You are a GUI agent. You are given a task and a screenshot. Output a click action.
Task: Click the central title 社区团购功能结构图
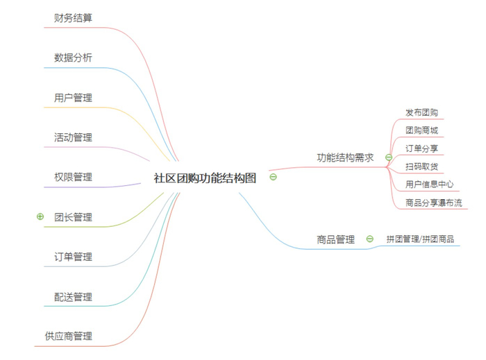(205, 178)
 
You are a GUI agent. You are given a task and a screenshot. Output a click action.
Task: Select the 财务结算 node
(73, 18)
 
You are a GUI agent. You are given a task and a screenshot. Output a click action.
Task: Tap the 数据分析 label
(73, 58)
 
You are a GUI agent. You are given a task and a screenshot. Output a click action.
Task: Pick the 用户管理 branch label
(73, 98)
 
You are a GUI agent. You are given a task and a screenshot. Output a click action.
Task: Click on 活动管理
(73, 137)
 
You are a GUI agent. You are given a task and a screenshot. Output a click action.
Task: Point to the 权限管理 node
(73, 177)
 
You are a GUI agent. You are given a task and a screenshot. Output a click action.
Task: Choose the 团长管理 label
(73, 217)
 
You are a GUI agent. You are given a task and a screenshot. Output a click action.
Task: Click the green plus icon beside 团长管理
(40, 216)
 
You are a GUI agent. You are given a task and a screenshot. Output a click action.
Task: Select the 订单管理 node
(73, 257)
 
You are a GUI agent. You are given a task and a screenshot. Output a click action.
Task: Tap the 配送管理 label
(73, 297)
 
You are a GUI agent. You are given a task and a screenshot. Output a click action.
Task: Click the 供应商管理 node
(69, 336)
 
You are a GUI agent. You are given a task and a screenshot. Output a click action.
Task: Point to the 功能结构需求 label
(345, 157)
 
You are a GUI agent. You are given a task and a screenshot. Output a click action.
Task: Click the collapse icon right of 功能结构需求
(389, 157)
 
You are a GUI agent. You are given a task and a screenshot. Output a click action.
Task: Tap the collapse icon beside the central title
(273, 177)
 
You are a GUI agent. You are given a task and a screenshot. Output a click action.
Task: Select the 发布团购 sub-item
(421, 112)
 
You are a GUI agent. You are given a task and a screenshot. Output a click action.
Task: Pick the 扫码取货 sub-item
(421, 167)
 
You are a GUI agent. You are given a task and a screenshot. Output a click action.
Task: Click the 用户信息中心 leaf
(429, 185)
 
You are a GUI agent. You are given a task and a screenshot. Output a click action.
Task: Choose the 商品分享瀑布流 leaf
(434, 203)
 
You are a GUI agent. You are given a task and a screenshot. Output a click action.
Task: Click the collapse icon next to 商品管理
(370, 239)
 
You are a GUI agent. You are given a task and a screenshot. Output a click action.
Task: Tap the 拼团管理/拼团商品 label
(420, 239)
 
